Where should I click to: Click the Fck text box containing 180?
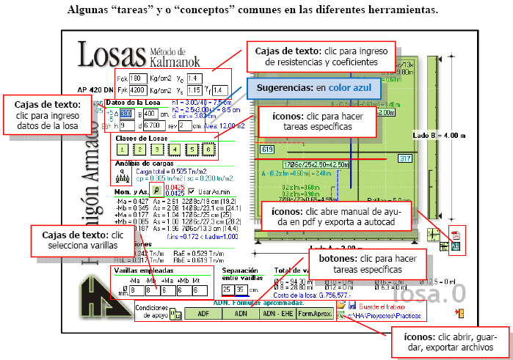tap(139, 78)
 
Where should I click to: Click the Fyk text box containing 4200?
tap(139, 90)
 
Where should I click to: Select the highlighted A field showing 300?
tap(125, 114)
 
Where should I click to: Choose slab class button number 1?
tap(122, 150)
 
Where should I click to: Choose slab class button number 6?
tap(208, 150)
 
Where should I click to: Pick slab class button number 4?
tap(174, 150)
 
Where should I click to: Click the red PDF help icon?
tap(454, 235)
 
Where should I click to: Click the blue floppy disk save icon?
tap(352, 305)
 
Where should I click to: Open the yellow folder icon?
tap(341, 305)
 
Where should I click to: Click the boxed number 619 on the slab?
tap(266, 150)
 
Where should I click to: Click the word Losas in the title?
tap(111, 56)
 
